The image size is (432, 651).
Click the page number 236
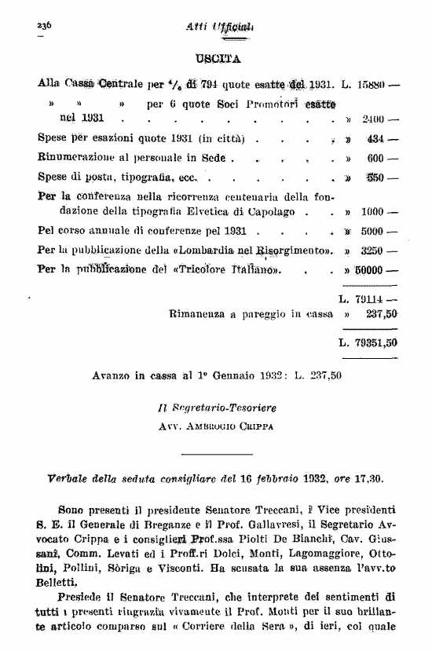(x=43, y=26)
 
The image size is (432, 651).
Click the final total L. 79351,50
(x=368, y=342)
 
